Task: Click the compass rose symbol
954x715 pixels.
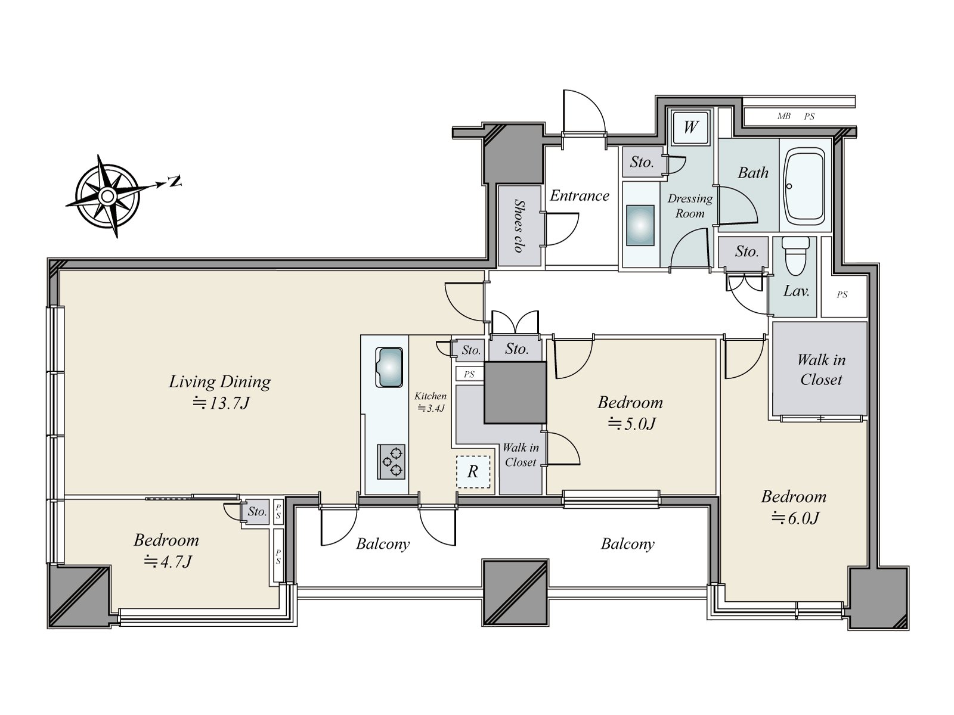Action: pos(107,195)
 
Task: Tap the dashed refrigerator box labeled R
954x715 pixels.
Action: pos(473,472)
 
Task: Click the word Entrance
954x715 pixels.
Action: pos(579,196)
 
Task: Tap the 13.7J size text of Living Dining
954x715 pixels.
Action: pos(221,403)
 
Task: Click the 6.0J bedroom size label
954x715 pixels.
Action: pos(795,518)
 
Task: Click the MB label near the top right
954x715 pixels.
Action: pos(783,117)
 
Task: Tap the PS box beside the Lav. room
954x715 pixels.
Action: pos(842,295)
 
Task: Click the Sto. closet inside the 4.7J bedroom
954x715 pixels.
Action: pos(257,512)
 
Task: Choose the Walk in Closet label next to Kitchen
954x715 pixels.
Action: pos(521,455)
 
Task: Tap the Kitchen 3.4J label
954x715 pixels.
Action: pos(430,402)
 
